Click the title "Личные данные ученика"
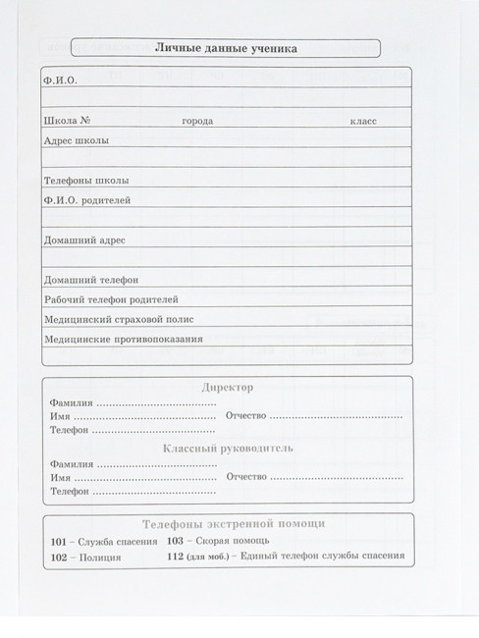[x=227, y=48]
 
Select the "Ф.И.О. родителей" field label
[x=88, y=201]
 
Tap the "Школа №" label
[x=68, y=121]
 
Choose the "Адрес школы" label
[x=77, y=140]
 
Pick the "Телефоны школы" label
[x=85, y=181]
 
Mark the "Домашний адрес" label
[x=84, y=239]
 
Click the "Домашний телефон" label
[x=91, y=280]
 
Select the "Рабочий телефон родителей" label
[x=111, y=299]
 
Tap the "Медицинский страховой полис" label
[x=119, y=320]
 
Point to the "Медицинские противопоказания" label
[x=124, y=340]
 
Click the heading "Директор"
[x=227, y=388]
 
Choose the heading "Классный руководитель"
[x=227, y=448]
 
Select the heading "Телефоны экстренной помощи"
[x=234, y=524]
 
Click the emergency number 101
[x=58, y=542]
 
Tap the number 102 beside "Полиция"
[x=58, y=558]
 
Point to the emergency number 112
[x=176, y=557]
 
